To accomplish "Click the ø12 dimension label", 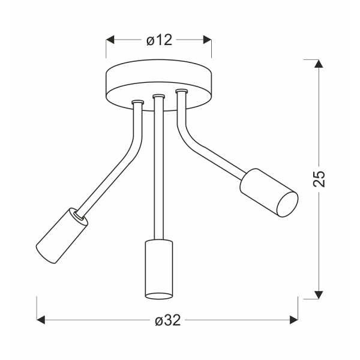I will (159, 40).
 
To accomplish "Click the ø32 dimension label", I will (167, 320).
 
